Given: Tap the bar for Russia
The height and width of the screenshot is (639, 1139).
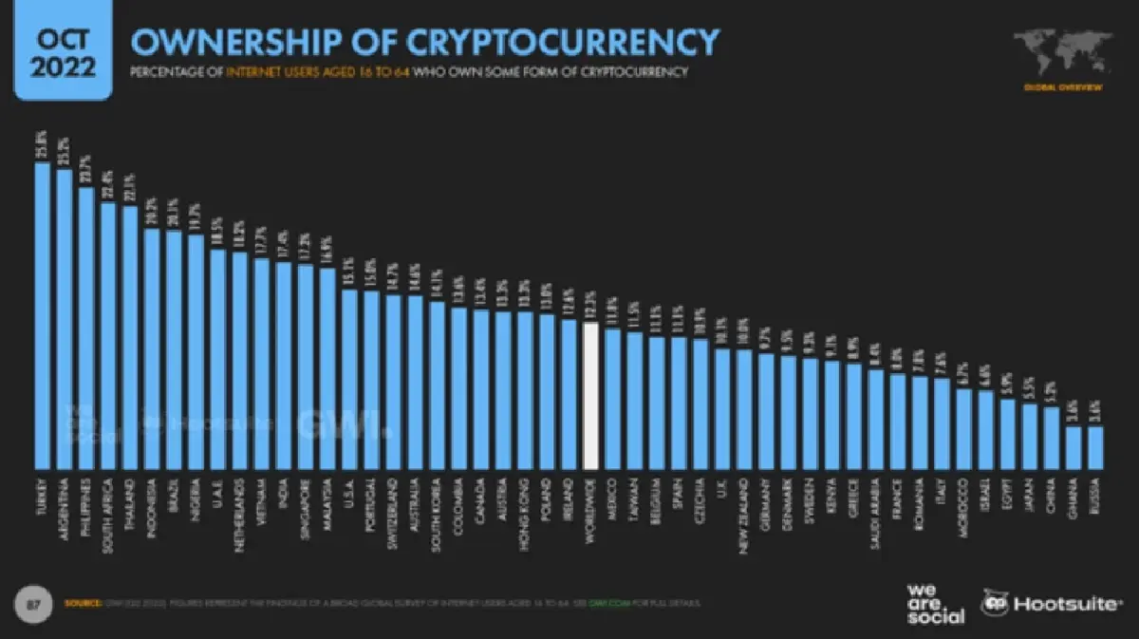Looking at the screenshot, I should point(1094,447).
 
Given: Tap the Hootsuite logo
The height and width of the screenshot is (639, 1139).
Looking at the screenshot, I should point(1051,603).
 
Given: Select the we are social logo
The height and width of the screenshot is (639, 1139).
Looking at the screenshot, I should point(934,603).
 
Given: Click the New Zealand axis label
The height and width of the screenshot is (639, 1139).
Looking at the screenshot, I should point(744,514).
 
